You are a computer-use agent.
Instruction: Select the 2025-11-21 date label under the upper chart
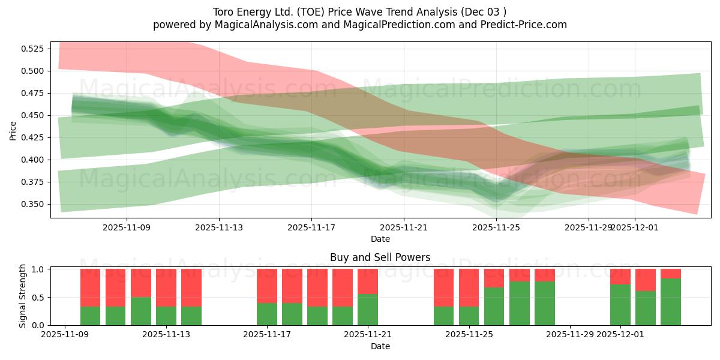pyautogui.click(x=404, y=227)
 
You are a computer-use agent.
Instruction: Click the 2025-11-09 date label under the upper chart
pyautogui.click(x=127, y=227)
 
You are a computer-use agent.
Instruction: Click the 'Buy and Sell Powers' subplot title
pyautogui.click(x=380, y=257)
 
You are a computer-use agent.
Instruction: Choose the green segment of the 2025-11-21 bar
pyautogui.click(x=368, y=310)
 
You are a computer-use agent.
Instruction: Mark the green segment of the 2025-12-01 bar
pyautogui.click(x=620, y=305)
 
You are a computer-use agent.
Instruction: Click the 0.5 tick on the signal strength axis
pyautogui.click(x=39, y=298)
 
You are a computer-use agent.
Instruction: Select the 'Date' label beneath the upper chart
pyautogui.click(x=380, y=239)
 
